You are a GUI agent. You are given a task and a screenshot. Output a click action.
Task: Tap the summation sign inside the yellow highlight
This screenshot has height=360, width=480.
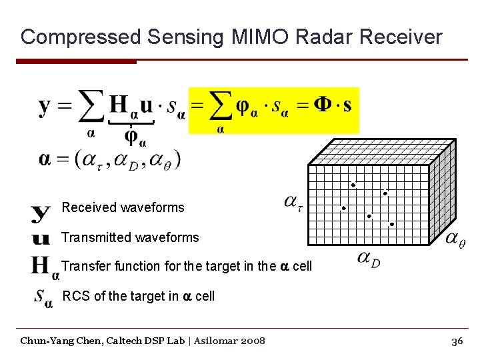point(221,107)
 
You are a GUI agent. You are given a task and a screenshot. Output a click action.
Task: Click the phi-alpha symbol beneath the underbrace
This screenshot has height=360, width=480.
point(135,138)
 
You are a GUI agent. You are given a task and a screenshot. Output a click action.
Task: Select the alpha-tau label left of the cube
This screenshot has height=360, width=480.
point(293,201)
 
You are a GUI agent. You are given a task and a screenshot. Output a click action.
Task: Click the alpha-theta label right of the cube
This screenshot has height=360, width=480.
point(455,239)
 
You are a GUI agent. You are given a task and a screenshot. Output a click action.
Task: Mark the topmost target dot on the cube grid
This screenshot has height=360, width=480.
point(353,185)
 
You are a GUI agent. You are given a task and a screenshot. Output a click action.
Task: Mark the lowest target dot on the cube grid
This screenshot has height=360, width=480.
point(391,225)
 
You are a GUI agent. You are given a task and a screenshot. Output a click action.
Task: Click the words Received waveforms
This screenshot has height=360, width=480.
point(123,207)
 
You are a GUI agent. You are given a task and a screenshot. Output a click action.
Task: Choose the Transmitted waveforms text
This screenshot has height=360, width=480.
point(130,237)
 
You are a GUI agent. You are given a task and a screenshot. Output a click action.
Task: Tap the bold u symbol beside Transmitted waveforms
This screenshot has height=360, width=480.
point(41,238)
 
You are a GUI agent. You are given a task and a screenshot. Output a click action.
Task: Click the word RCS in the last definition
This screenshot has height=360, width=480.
point(76,296)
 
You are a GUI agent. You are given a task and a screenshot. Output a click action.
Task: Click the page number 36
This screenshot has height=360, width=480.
point(457,341)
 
